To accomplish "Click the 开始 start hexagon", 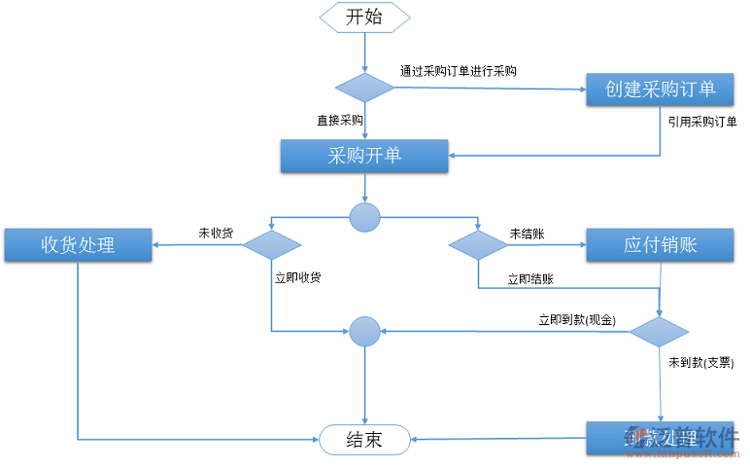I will (x=364, y=17).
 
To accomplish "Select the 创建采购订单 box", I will (x=660, y=90).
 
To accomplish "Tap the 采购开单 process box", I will (x=364, y=156).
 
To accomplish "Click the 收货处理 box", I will (x=78, y=245).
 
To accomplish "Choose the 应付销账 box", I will (x=660, y=245).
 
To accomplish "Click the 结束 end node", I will (x=364, y=440).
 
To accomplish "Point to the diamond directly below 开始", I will (x=364, y=88).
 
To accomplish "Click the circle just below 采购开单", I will (x=364, y=217).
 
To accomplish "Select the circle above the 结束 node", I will (x=364, y=332).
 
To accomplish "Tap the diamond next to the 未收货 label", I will (x=272, y=245).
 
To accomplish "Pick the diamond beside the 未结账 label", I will (x=478, y=245).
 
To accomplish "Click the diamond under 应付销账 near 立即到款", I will (x=660, y=332).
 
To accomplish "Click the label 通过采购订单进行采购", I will (x=458, y=71).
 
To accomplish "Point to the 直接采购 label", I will (x=339, y=121).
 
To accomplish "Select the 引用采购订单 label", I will (x=701, y=122).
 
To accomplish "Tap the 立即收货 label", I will (x=298, y=277).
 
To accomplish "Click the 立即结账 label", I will (x=530, y=279).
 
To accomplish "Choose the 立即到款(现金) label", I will (x=577, y=319).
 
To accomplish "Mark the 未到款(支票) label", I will (x=700, y=362).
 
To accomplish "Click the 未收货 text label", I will (x=216, y=234).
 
